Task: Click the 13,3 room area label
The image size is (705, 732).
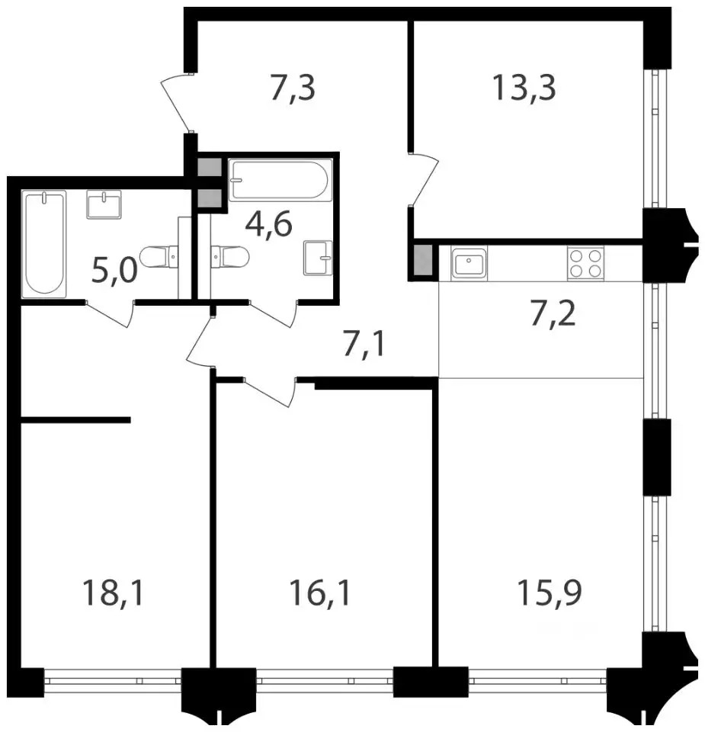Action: tap(524, 88)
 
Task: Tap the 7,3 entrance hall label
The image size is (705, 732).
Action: tap(293, 88)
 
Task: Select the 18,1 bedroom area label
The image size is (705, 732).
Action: tap(113, 592)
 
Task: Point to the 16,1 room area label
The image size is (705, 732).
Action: tap(319, 592)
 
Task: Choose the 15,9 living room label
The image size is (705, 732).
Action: tap(550, 592)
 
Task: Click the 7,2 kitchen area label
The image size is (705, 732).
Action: tap(553, 314)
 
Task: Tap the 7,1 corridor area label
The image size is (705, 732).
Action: tap(364, 345)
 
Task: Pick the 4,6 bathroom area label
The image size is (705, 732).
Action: tap(269, 224)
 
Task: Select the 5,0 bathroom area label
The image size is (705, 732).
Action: tap(115, 270)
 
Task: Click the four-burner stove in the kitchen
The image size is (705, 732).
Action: tap(585, 263)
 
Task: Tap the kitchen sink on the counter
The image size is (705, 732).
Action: tap(469, 263)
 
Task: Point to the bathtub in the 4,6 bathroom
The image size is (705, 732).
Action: tap(280, 180)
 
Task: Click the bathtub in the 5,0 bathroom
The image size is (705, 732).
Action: tap(44, 244)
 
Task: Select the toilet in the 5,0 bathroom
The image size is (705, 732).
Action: tap(159, 257)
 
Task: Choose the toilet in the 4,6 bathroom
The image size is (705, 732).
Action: tap(229, 257)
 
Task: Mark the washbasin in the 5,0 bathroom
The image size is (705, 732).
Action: tap(104, 204)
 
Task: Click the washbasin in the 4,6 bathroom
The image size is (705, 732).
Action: tap(318, 257)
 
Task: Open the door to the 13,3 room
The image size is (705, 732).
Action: tap(424, 178)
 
